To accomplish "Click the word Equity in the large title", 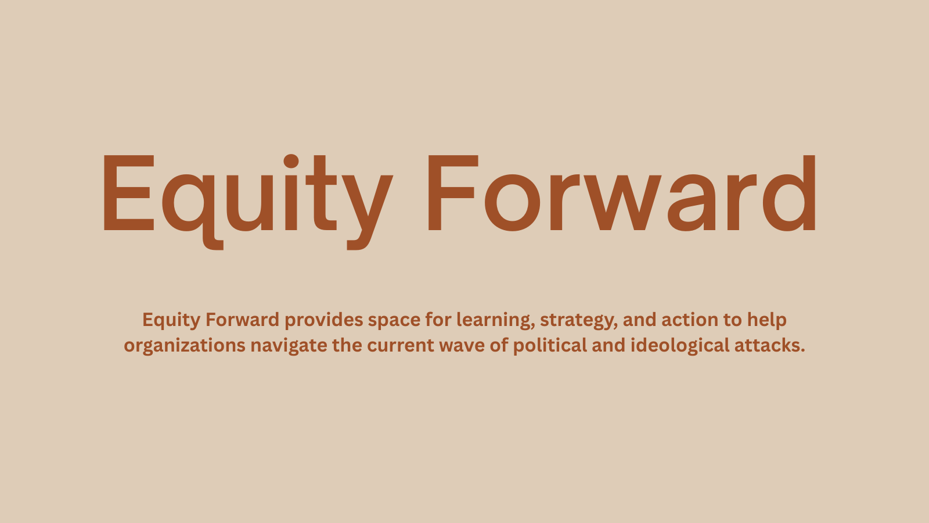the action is pyautogui.click(x=247, y=202).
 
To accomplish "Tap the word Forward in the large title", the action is pyautogui.click(x=622, y=193).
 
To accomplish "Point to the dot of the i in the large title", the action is pyautogui.click(x=291, y=161).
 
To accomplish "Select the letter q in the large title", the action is pyautogui.click(x=193, y=212).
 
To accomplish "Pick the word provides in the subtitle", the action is pyautogui.click(x=323, y=320).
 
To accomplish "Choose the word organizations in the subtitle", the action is pyautogui.click(x=185, y=346).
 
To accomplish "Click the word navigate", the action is pyautogui.click(x=289, y=346).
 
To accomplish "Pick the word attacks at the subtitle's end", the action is pyautogui.click(x=766, y=345).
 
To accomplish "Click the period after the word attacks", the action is pyautogui.click(x=802, y=351).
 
